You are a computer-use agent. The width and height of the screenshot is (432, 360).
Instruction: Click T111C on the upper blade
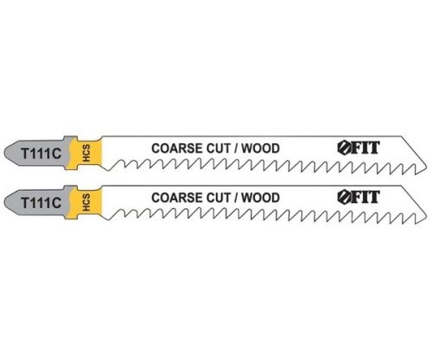click(41, 154)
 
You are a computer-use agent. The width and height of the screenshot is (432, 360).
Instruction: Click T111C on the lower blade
click(41, 203)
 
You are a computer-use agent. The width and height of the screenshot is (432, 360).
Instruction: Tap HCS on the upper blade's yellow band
click(86, 153)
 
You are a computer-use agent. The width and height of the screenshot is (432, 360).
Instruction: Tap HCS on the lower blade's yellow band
click(86, 203)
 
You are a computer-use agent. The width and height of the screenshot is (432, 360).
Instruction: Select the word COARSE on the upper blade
click(177, 148)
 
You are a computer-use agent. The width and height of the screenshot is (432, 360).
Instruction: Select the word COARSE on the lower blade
click(177, 198)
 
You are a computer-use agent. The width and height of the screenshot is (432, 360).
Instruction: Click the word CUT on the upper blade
click(219, 148)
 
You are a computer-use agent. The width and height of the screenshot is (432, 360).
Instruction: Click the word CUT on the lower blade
click(219, 198)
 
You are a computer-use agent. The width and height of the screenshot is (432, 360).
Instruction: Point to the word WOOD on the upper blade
click(260, 148)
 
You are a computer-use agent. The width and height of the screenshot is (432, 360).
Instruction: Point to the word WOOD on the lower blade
click(260, 198)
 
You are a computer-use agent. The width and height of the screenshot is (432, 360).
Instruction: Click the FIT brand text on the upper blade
click(365, 148)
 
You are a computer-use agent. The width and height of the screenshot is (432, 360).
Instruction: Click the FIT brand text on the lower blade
click(365, 197)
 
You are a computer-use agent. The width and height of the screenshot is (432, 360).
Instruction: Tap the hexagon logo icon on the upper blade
click(344, 148)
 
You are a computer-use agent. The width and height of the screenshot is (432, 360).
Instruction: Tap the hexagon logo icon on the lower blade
click(344, 197)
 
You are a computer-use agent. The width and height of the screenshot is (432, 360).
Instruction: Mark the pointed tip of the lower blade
click(426, 218)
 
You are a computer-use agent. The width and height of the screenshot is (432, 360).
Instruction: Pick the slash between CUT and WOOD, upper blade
click(237, 148)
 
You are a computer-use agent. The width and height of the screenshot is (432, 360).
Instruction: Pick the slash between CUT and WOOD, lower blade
click(237, 198)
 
